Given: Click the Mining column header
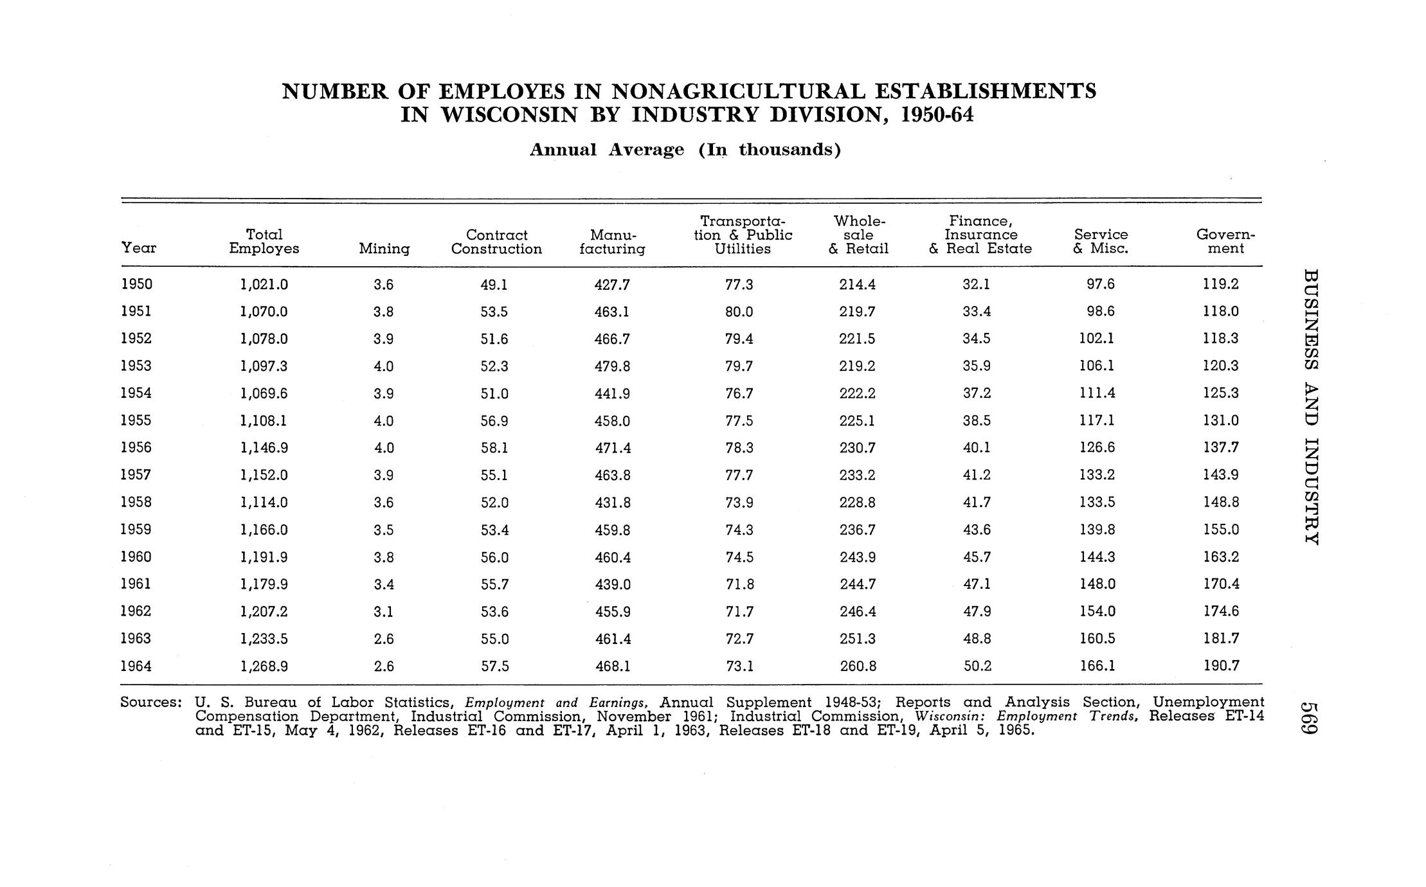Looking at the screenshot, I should pos(384,249).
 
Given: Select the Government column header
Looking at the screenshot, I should pos(1225,242).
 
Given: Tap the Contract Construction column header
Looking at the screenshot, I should pos(496,242).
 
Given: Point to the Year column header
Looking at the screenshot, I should pos(138,248).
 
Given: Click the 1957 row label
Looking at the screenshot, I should pos(136,475).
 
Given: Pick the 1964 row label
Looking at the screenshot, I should pos(136,667).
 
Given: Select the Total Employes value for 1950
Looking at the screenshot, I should pos(264,284).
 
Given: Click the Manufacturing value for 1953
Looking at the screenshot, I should pos(612,366).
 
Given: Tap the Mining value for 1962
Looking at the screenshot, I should pos(383,612).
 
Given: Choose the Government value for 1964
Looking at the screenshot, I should pos(1221,667).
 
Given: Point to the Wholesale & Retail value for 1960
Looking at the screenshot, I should pos(858,557).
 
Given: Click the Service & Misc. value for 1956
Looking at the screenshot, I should pos(1097,448).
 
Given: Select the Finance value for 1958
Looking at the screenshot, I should pos(977,503).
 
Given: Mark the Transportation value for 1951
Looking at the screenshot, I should pos(739,312).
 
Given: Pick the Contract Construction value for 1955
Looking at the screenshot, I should pos(494,421).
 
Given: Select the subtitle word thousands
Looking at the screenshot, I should pos(790,150).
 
